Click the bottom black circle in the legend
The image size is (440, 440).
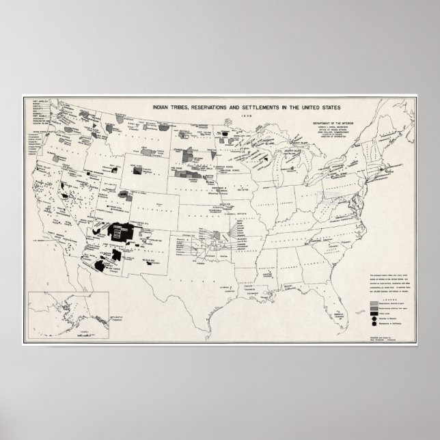point(374,325)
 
